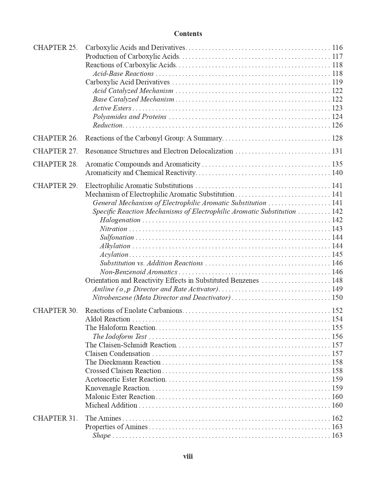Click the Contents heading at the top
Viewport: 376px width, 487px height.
[188, 34]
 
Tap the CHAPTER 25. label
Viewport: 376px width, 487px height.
[55, 48]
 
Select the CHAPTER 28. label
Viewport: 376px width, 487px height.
[55, 164]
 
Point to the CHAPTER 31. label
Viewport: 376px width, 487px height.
[55, 418]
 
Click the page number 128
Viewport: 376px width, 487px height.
[337, 138]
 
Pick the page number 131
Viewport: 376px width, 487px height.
[337, 151]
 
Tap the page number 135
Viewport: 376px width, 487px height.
[337, 164]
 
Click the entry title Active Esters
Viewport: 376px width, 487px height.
[112, 108]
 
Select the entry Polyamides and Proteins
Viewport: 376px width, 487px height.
[129, 117]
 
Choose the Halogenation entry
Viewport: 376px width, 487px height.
[120, 220]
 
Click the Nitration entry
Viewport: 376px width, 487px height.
[113, 229]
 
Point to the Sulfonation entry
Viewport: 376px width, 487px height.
[117, 237]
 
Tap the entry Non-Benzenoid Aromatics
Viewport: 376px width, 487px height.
[139, 272]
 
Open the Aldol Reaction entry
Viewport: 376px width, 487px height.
[108, 319]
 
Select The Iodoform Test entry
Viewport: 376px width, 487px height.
[119, 336]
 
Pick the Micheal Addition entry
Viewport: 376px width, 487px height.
[111, 405]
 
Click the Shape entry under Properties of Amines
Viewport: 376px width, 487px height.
[101, 435]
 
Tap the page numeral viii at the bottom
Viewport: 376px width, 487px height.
[188, 456]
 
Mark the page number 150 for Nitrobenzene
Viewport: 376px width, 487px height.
[337, 298]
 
